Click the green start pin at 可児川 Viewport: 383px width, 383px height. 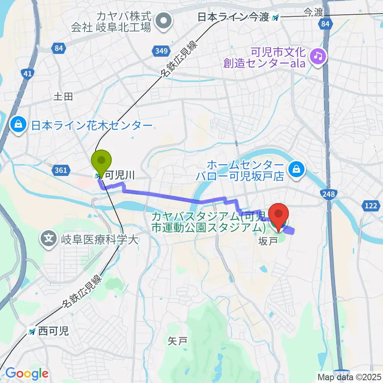(x=102, y=161)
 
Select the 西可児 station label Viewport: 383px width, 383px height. (x=50, y=331)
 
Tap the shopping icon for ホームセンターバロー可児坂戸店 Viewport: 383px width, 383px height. (x=297, y=169)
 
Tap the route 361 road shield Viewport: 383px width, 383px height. (x=59, y=170)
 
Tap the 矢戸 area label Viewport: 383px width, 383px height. (x=177, y=341)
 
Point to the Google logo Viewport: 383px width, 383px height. (x=27, y=373)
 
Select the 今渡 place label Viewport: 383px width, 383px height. (x=313, y=12)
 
